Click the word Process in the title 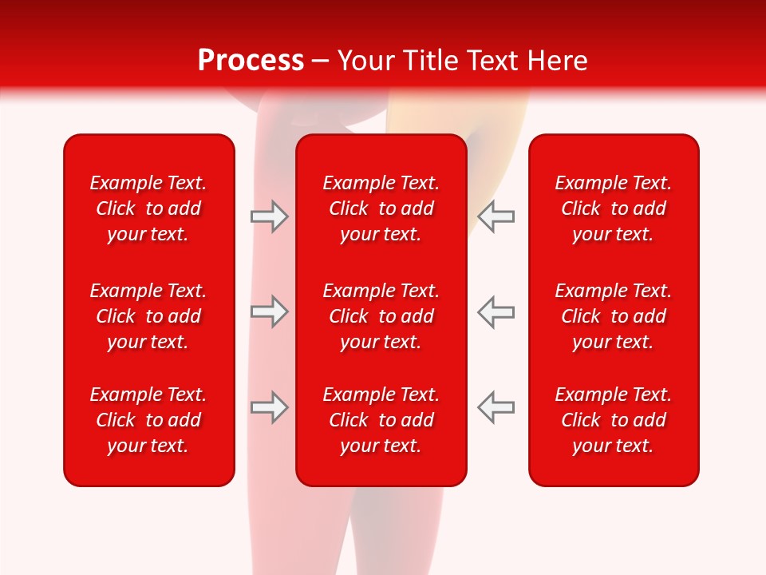pos(251,61)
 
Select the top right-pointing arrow pos(269,216)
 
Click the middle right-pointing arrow pos(269,311)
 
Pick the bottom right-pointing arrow pos(269,407)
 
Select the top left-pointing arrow pos(496,216)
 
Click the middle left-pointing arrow pos(496,311)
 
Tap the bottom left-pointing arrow pos(496,407)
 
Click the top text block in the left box pos(148,208)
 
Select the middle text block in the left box pos(148,316)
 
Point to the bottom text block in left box pos(148,420)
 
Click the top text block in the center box pos(381,208)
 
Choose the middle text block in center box pos(381,316)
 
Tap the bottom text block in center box pos(381,420)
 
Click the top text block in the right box pos(614,208)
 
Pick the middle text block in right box pos(614,316)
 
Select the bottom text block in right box pos(614,420)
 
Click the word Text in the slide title pos(492,61)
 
